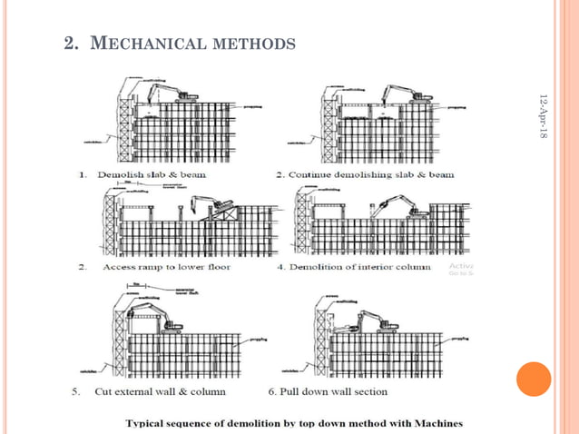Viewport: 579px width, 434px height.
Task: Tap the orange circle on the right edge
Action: point(534,379)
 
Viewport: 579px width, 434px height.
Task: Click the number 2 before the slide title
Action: point(69,43)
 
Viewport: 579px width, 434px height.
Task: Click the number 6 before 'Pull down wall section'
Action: point(271,391)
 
